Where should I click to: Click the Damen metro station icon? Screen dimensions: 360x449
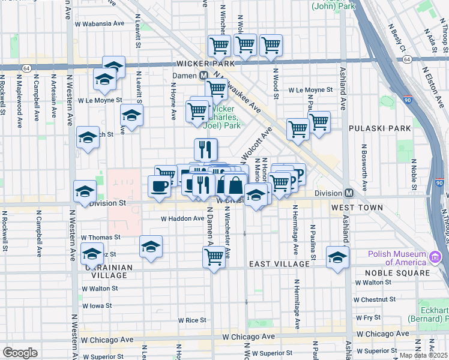point(203,75)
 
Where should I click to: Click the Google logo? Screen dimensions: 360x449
point(20,353)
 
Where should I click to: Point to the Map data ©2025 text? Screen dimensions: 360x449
point(424,355)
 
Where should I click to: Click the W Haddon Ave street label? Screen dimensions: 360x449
point(182,219)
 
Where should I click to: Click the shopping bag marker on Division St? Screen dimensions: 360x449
point(235,186)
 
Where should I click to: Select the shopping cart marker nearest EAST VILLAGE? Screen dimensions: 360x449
point(214,257)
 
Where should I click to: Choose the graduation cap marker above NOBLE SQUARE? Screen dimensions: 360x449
point(337,257)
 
